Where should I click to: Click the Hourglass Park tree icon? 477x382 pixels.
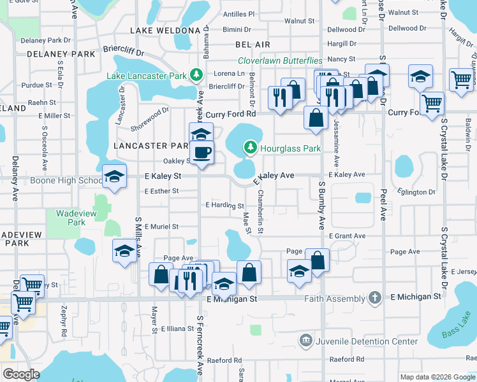coord(251,148)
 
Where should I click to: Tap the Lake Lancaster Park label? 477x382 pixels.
coord(147,76)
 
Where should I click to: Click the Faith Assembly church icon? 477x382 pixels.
coord(376,297)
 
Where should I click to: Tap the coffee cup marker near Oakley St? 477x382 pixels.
coord(202,153)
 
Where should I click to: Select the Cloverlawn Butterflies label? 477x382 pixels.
coord(280,60)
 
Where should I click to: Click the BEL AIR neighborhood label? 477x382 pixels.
coord(253,45)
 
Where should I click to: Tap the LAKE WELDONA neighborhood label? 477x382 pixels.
coord(165,30)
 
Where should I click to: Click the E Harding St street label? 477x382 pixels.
coord(224,205)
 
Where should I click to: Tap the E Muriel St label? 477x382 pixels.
coord(161,226)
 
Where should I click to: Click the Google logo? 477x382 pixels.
coord(22,374)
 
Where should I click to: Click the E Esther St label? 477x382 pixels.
coord(161,190)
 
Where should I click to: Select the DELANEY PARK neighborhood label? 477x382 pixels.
coord(61,54)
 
